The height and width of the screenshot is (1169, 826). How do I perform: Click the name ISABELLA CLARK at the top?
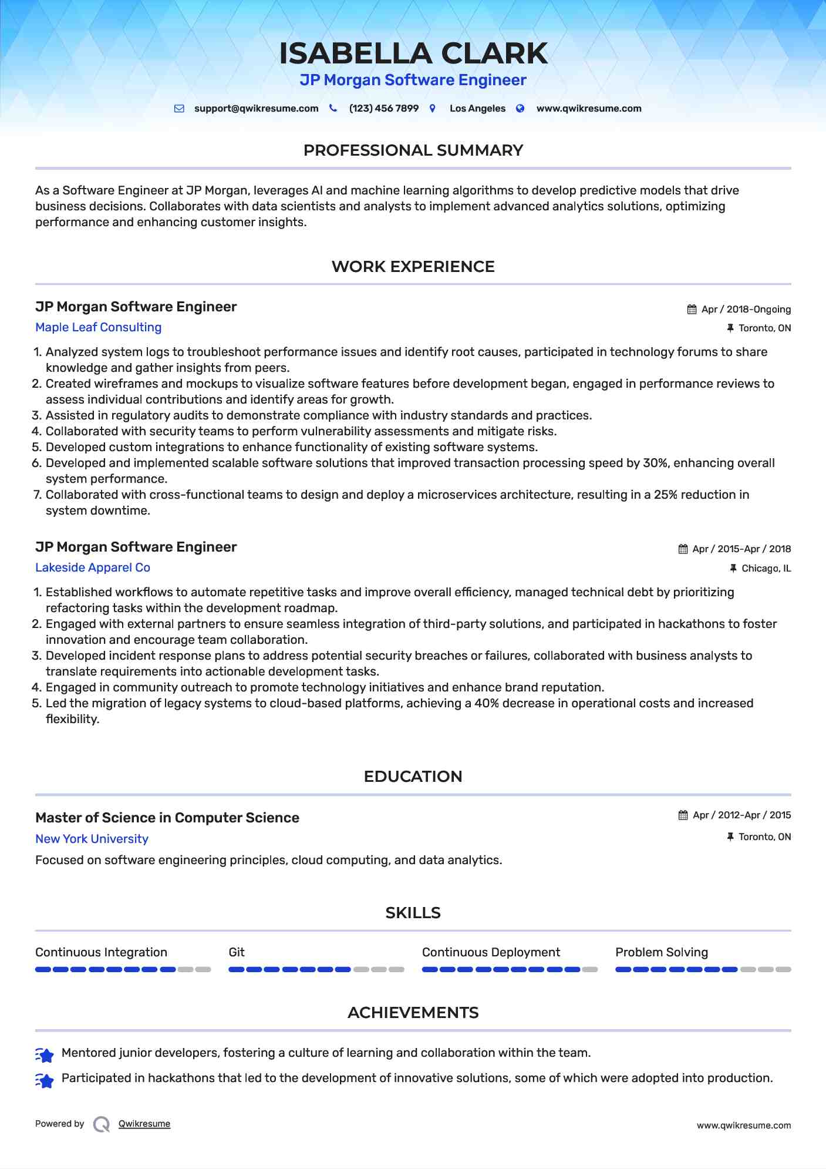(x=413, y=53)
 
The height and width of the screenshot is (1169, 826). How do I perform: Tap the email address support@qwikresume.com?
(x=256, y=109)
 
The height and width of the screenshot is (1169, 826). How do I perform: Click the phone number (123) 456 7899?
(x=383, y=109)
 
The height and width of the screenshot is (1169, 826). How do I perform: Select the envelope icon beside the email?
(x=179, y=109)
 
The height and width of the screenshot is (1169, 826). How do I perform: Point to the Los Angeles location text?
(x=477, y=109)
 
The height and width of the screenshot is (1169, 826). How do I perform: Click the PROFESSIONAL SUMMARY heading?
(x=413, y=150)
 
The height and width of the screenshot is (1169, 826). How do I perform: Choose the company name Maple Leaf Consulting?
(x=98, y=327)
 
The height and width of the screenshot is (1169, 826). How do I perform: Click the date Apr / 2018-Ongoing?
(x=746, y=310)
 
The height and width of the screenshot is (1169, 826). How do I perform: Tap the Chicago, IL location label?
(x=766, y=569)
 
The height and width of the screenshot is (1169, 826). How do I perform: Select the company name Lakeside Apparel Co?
(x=93, y=567)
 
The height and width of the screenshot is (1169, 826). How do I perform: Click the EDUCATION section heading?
(x=413, y=777)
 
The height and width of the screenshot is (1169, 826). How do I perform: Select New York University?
(x=92, y=839)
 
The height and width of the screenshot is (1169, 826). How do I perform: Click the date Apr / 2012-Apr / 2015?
(x=741, y=815)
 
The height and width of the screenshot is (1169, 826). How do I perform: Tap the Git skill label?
(x=237, y=952)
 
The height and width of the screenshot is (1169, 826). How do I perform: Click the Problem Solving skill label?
(x=661, y=952)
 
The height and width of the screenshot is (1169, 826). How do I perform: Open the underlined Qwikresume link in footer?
(x=144, y=1124)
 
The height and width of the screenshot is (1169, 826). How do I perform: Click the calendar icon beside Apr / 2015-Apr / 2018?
(x=683, y=549)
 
